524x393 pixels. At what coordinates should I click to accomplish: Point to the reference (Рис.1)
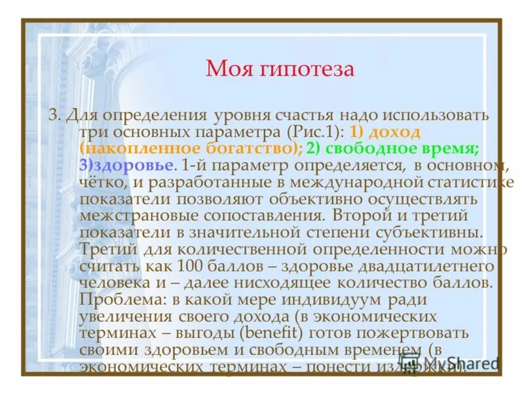click(x=318, y=131)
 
